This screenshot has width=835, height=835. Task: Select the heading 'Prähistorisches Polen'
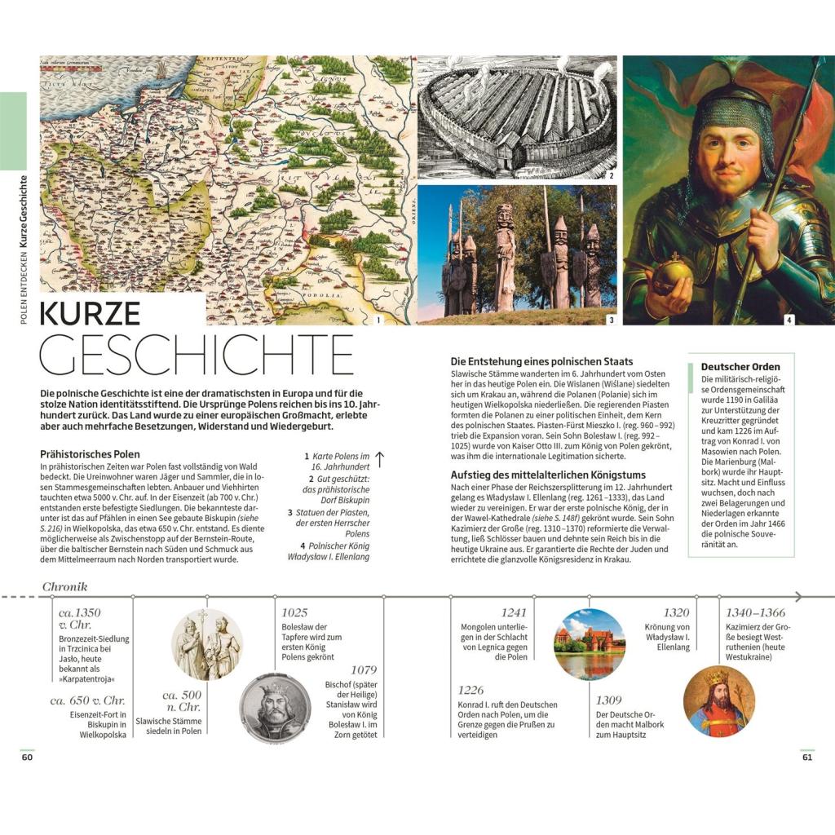(90, 454)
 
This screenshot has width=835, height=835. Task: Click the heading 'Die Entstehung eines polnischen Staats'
(542, 361)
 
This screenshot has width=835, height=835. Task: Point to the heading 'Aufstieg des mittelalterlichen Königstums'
(548, 475)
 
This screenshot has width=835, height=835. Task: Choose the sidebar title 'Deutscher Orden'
(740, 367)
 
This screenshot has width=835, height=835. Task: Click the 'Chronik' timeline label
(64, 587)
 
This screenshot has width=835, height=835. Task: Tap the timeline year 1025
(294, 612)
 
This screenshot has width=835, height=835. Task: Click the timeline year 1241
(514, 613)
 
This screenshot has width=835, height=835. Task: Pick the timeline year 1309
(608, 700)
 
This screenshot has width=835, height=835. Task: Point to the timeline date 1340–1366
(756, 613)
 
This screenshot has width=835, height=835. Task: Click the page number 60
(27, 758)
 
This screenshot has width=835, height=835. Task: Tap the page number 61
(807, 758)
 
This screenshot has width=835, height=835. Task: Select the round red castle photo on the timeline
(589, 644)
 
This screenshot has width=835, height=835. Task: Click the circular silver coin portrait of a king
(275, 707)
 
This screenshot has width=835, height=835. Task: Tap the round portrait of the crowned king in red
(718, 701)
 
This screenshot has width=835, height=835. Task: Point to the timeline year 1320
(676, 613)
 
